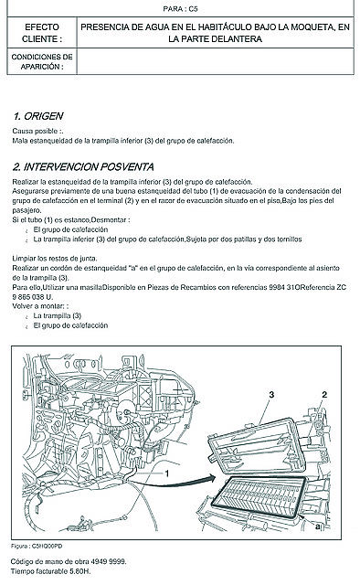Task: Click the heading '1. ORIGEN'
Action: (x=38, y=116)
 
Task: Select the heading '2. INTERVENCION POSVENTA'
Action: (x=83, y=166)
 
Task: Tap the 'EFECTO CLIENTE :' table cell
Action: (x=42, y=33)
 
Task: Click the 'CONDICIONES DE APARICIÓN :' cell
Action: (x=42, y=61)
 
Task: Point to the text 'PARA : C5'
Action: (x=180, y=8)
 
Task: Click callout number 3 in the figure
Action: (x=271, y=394)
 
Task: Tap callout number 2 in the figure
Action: (x=324, y=394)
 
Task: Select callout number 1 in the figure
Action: (x=167, y=473)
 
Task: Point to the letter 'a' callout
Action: (x=317, y=526)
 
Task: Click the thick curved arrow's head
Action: (x=212, y=479)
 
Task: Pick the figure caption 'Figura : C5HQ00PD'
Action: (x=37, y=547)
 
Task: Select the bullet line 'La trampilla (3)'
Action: (x=57, y=315)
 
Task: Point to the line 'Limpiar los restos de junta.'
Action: (x=55, y=258)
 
